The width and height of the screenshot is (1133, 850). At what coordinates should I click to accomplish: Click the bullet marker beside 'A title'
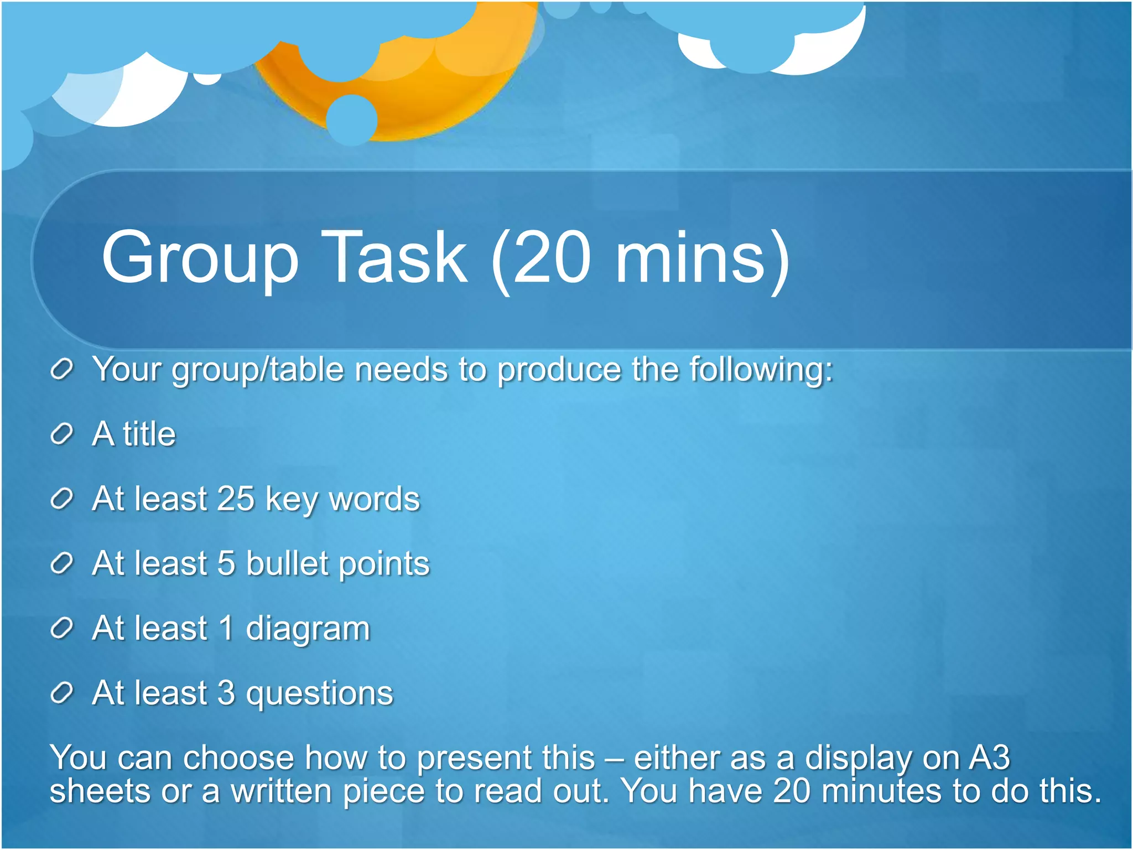coord(61,434)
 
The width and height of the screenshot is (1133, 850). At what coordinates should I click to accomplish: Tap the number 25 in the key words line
coord(236,499)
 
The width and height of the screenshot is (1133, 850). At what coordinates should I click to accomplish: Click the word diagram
coord(308,629)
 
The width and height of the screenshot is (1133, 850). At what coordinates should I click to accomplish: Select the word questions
coord(319,693)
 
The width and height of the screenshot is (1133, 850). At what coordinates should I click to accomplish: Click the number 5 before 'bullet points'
coord(226,563)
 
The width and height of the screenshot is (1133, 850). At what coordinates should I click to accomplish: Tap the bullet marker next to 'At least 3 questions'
coord(61,693)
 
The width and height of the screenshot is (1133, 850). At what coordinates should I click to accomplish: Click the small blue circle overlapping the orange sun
coord(352,120)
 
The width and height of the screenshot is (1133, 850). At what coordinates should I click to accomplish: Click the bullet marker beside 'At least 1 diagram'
coord(61,628)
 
